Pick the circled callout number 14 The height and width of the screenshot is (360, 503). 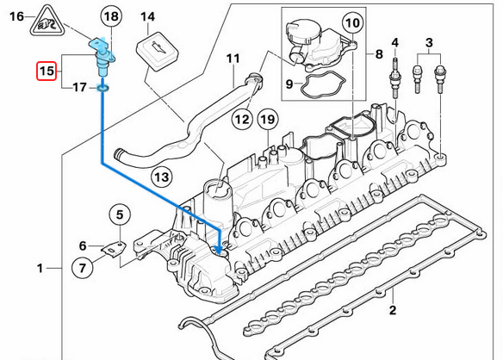click(x=148, y=16)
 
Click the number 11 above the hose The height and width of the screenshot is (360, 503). click(x=231, y=59)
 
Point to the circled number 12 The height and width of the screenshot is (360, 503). click(x=241, y=118)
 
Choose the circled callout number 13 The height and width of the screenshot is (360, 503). click(x=160, y=177)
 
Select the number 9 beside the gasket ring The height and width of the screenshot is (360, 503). click(x=289, y=84)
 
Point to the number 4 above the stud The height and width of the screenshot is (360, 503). click(x=395, y=42)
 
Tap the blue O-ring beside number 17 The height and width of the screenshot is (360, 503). click(x=103, y=87)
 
